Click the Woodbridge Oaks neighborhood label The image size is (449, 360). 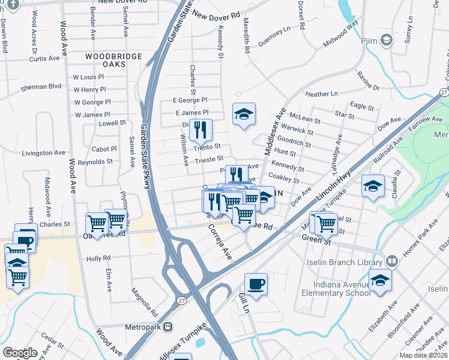click(x=113, y=56)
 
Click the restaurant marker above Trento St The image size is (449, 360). click(x=200, y=129)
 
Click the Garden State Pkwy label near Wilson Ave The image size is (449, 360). click(x=144, y=156)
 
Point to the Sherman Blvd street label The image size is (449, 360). click(x=41, y=86)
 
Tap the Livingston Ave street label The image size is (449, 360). click(x=43, y=153)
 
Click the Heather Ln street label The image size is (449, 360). click(x=321, y=94)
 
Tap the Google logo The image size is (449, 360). click(x=20, y=353)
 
